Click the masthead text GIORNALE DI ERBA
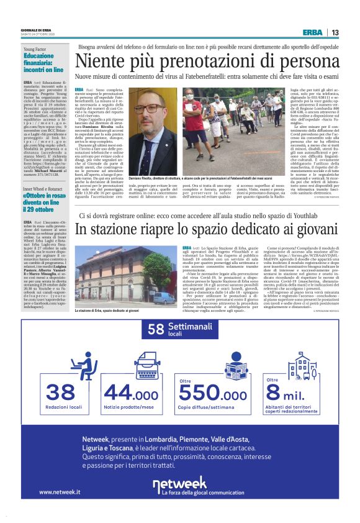click(x=38, y=30)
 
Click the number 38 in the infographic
click(x=60, y=393)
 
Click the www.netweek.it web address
click(x=60, y=493)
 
